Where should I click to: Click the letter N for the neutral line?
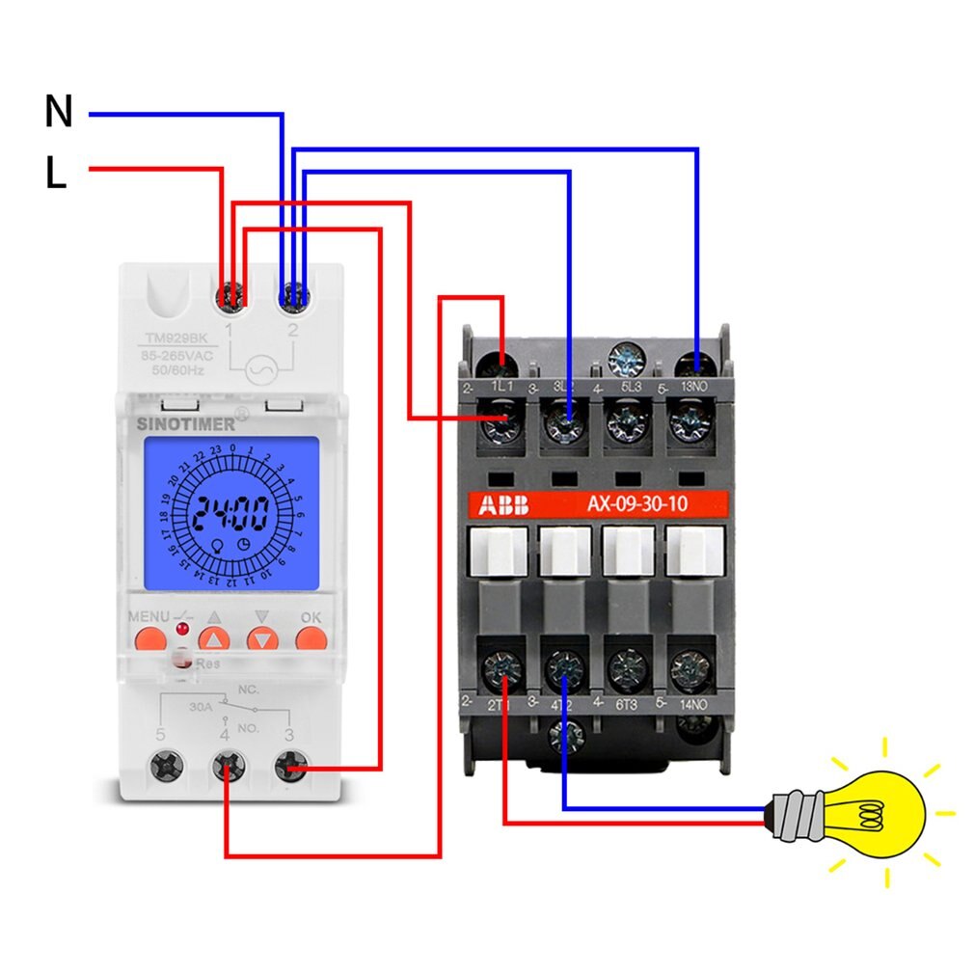point(59,113)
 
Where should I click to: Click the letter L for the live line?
point(56,174)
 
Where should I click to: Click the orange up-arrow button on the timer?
point(214,638)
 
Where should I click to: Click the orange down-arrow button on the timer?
point(262,638)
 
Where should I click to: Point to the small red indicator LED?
point(181,630)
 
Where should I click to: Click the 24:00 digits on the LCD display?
point(230,516)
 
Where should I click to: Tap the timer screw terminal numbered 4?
point(227,769)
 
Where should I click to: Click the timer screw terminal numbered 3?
point(287,769)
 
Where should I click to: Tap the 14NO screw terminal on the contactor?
point(690,665)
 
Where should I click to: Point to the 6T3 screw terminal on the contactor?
point(627,665)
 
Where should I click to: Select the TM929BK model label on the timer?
point(176,338)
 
